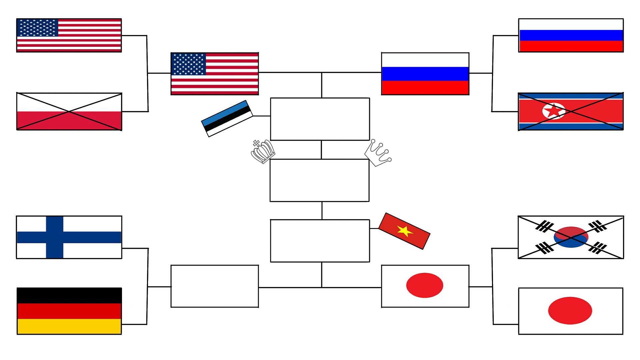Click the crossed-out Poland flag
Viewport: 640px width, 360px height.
[x=69, y=112]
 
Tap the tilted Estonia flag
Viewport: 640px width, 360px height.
[x=227, y=118]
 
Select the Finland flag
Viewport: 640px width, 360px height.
[x=69, y=237]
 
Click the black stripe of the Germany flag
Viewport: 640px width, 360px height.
[x=69, y=295]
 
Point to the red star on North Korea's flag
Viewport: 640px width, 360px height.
[x=554, y=111]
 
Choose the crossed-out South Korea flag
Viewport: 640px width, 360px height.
[x=571, y=237]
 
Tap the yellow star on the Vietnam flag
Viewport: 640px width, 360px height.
[x=405, y=230]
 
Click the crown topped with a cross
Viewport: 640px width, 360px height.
[x=263, y=152]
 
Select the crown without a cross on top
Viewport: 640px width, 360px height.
[x=378, y=153]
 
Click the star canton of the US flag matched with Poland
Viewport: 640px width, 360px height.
[x=38, y=28]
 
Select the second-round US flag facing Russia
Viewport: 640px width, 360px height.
[x=215, y=74]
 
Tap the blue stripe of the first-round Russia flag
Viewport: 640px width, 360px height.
[x=571, y=35]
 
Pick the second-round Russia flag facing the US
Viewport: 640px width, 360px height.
[x=425, y=74]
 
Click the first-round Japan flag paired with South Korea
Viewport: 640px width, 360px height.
[x=571, y=311]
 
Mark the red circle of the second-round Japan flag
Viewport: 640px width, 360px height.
[x=424, y=285]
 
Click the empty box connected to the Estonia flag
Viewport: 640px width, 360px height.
[x=320, y=119]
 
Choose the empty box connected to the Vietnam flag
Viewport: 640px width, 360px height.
[x=320, y=241]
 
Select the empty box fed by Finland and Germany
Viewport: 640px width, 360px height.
[x=215, y=286]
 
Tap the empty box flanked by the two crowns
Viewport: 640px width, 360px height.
[x=319, y=180]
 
